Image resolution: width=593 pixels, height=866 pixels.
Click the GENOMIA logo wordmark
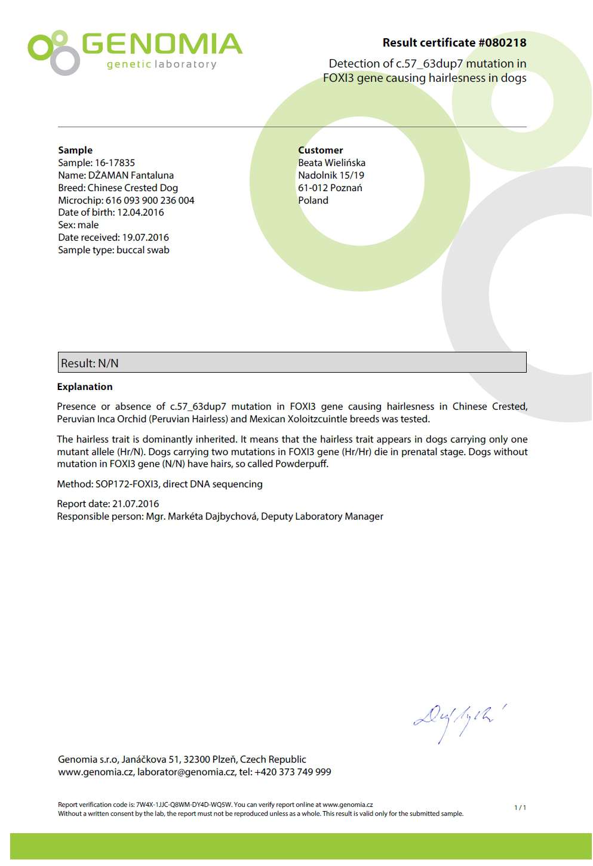(161, 44)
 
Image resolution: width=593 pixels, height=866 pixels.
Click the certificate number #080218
(502, 42)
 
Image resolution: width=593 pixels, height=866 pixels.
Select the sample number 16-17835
(115, 162)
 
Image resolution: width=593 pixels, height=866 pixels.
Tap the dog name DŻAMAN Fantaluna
(131, 175)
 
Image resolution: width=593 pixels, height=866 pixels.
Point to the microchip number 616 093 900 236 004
(150, 200)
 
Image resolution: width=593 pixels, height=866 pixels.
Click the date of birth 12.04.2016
(140, 212)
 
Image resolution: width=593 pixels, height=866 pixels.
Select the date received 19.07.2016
(145, 237)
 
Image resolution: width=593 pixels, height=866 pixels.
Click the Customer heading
(321, 150)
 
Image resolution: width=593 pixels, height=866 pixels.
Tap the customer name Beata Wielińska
(331, 162)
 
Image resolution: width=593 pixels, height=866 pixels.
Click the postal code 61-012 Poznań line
(330, 188)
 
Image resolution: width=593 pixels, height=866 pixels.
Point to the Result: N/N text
(90, 363)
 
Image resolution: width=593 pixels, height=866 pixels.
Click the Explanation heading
(85, 386)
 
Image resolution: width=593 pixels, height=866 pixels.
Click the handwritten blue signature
(459, 721)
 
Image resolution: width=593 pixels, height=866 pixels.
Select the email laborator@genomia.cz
(186, 772)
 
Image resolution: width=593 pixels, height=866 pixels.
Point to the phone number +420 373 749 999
(293, 772)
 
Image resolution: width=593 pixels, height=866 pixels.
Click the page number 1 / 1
(520, 807)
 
